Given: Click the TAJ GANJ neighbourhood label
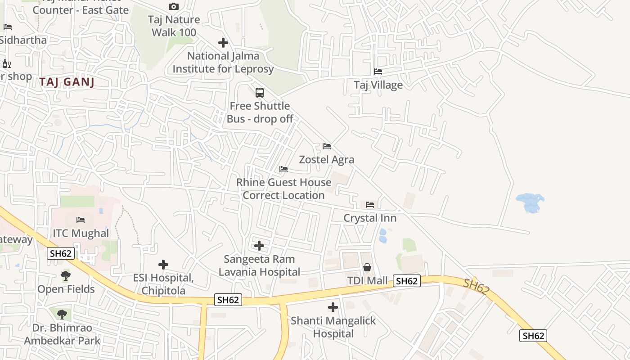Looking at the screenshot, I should (67, 82).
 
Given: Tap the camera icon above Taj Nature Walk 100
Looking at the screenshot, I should (173, 6).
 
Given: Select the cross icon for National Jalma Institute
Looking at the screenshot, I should (223, 43).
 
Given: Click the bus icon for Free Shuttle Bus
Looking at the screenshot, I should (259, 93).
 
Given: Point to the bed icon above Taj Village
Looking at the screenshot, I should (378, 72).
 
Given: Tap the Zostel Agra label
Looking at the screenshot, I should (327, 160).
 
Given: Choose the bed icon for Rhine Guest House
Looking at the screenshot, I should (283, 169).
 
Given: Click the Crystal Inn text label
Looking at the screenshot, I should (370, 218).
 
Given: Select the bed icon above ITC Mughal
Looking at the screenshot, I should (81, 220).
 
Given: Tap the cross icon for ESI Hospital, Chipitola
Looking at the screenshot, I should (163, 265).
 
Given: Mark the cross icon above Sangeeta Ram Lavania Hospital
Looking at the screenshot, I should (259, 246).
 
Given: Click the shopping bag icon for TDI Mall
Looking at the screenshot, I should (367, 268).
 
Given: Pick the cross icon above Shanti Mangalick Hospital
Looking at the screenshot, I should (333, 307).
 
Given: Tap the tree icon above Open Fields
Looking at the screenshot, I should (66, 275).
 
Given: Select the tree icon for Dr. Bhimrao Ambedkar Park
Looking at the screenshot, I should (62, 314).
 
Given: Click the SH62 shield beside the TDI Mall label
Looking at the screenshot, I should (407, 281).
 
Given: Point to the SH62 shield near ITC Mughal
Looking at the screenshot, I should (61, 253).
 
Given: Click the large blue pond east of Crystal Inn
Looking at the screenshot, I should (530, 202).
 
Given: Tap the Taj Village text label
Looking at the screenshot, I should (378, 85).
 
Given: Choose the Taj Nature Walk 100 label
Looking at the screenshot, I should (174, 26).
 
